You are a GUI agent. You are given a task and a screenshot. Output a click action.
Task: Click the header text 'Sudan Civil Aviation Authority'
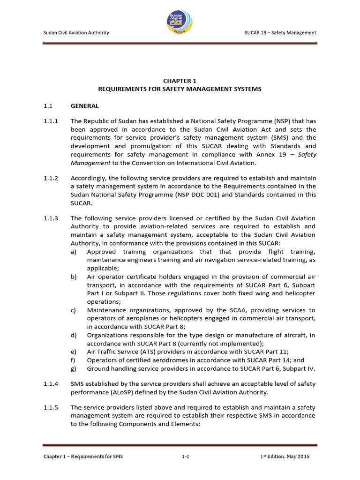click(x=76, y=32)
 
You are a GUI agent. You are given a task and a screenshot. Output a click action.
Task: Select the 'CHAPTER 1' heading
click(x=180, y=81)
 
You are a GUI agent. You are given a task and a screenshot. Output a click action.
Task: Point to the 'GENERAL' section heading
click(x=84, y=106)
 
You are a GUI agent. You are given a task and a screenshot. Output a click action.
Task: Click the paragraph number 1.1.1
click(x=51, y=121)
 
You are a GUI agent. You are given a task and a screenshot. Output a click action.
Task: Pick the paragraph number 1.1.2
click(x=51, y=178)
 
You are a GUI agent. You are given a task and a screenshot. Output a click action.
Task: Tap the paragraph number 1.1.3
click(x=51, y=218)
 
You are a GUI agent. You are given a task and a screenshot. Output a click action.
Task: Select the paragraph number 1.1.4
click(x=51, y=383)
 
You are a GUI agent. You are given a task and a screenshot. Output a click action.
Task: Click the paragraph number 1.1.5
click(x=51, y=408)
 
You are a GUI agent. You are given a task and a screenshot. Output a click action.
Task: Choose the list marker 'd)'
click(x=74, y=335)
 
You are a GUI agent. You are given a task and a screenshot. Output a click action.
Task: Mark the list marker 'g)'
click(x=74, y=368)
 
